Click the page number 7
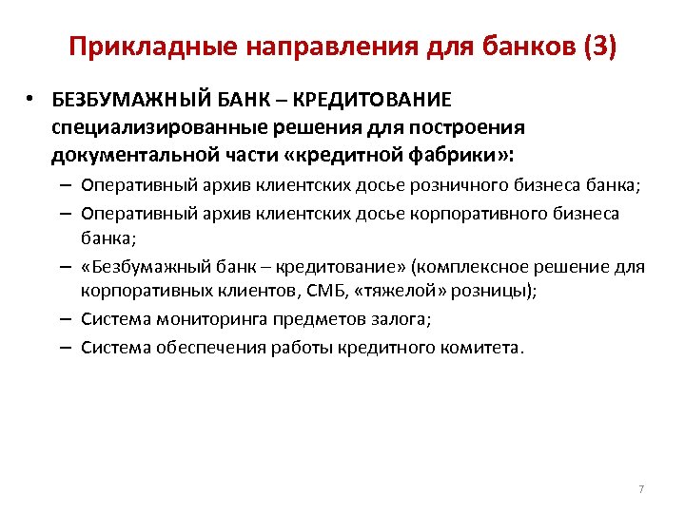click(640, 489)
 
